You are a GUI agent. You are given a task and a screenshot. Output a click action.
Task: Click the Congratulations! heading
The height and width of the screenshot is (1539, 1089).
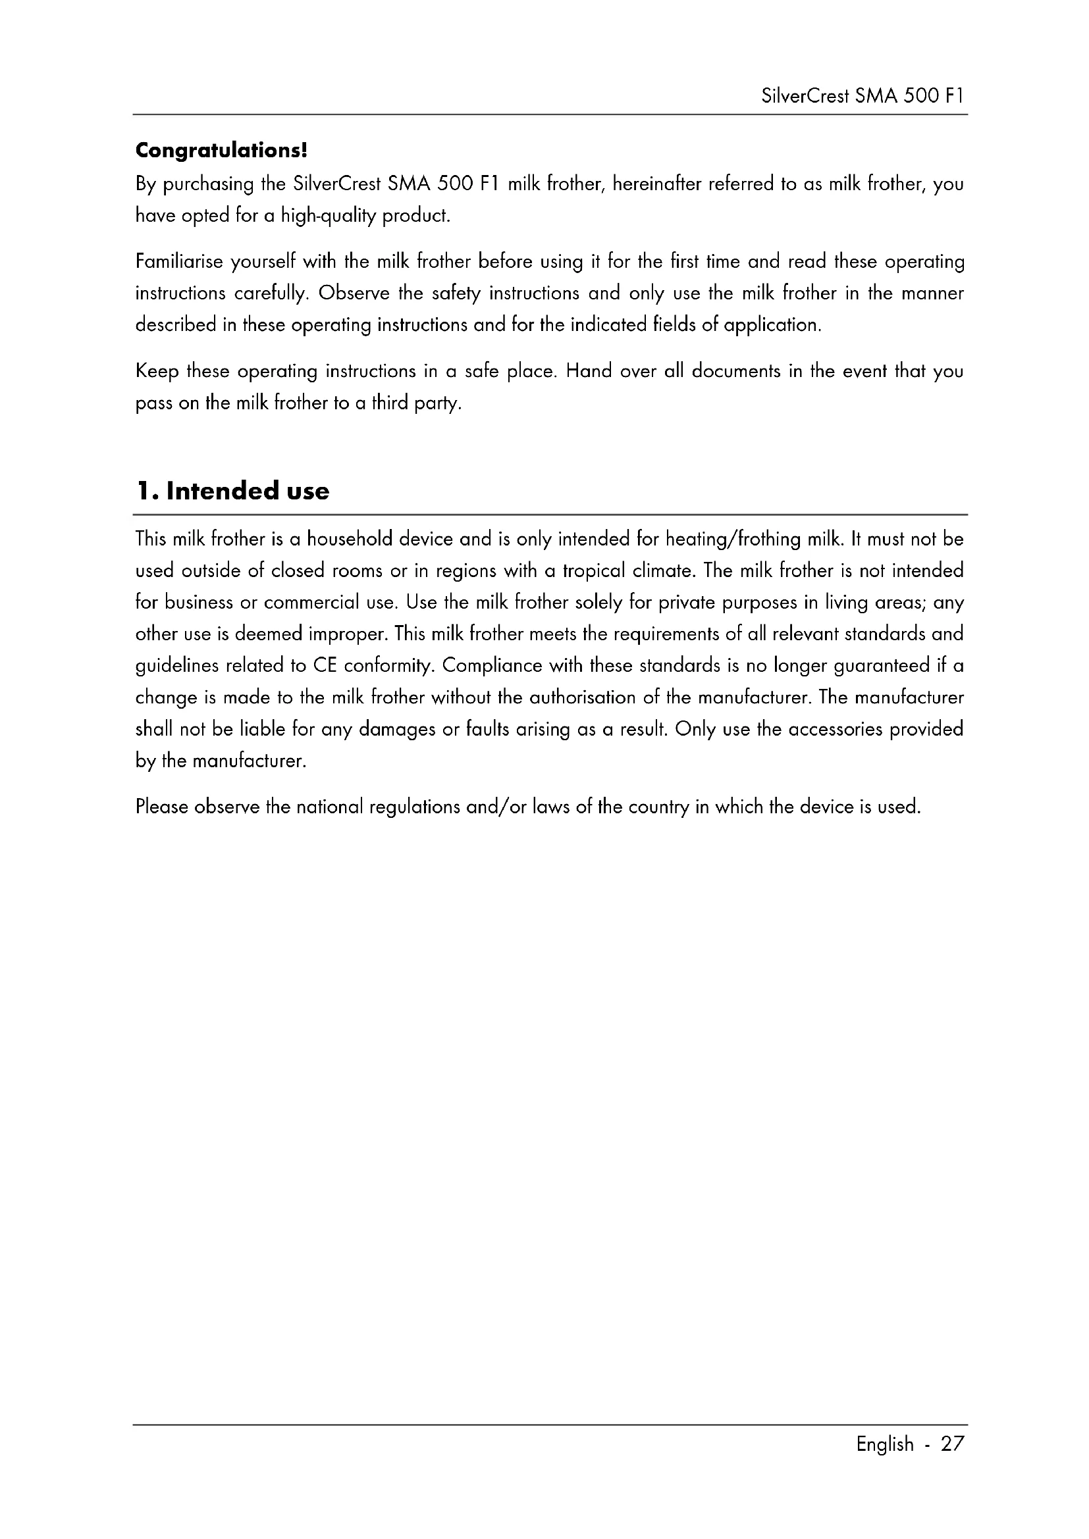(x=221, y=150)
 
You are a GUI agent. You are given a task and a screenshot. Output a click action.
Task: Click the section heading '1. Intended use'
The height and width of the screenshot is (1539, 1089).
(x=232, y=491)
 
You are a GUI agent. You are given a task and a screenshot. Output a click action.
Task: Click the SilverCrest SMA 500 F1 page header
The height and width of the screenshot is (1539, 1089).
(x=863, y=97)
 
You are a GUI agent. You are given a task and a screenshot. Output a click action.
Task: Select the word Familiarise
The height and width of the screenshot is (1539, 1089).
(x=179, y=261)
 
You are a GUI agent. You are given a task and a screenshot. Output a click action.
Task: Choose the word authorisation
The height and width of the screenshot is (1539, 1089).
(x=582, y=697)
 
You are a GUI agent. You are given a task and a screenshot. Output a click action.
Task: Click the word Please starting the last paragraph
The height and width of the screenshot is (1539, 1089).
(x=161, y=807)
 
